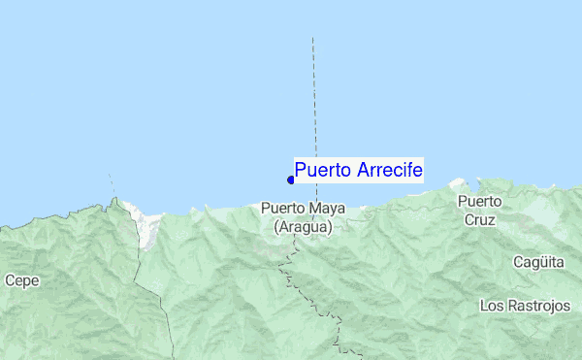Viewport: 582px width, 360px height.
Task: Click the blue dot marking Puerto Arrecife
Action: tap(291, 180)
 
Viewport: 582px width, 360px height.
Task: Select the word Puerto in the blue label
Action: tap(324, 171)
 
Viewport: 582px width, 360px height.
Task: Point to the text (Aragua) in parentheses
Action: tap(303, 226)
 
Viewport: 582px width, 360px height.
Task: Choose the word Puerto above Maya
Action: tap(281, 208)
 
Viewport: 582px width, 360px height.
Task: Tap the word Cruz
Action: tap(479, 219)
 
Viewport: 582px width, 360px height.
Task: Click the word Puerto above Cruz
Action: tap(480, 202)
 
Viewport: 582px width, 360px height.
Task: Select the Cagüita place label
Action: tap(537, 262)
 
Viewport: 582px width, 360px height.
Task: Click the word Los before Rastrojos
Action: tap(492, 306)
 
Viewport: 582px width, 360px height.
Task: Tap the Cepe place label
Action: tap(21, 280)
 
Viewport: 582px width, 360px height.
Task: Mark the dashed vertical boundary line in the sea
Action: tap(313, 97)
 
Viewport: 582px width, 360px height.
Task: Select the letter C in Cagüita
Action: tap(518, 262)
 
